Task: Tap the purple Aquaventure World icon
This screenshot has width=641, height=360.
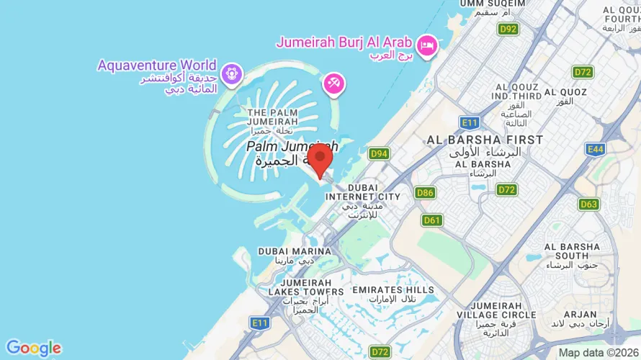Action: coord(230,73)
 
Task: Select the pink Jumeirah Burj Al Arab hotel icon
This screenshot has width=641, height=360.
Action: coord(428,45)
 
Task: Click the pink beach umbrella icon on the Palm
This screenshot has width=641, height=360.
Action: coord(333,83)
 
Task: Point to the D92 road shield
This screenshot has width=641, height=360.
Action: coord(508,29)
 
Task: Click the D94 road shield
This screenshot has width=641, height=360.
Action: coord(379,153)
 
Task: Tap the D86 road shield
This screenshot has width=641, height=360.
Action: coord(425,192)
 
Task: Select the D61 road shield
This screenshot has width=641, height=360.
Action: coord(432,220)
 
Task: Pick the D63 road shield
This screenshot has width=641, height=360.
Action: coord(588,204)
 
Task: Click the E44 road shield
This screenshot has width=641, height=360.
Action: coord(595,149)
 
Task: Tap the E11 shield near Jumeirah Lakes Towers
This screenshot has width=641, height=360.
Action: coord(260,323)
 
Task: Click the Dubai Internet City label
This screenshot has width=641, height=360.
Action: coord(363,197)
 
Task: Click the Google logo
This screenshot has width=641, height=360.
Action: coord(33,348)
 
